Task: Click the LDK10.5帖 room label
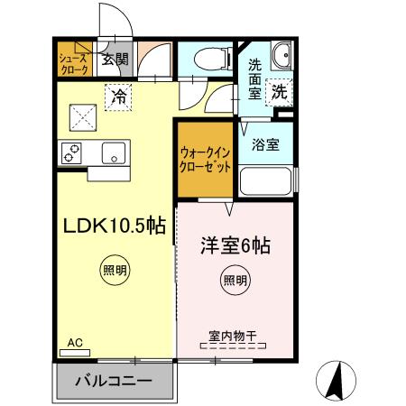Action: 113,226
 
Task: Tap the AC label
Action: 75,343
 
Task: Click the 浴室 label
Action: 264,143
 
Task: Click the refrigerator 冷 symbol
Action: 117,96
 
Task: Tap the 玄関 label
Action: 115,60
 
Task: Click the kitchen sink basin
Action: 114,152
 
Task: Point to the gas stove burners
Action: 72,152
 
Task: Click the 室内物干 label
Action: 233,336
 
